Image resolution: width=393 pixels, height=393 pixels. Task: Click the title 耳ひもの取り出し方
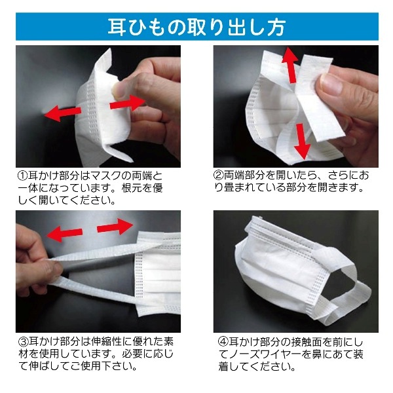pyautogui.click(x=196, y=27)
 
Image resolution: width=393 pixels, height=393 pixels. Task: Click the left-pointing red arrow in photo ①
pyautogui.click(x=63, y=113)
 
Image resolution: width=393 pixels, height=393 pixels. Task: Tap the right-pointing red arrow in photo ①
pyautogui.click(x=127, y=103)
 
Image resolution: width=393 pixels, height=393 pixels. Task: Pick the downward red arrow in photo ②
pyautogui.click(x=302, y=141)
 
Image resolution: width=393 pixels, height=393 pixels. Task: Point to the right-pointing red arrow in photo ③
pyautogui.click(x=115, y=227)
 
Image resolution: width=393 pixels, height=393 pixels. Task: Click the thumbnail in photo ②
pyautogui.click(x=331, y=83)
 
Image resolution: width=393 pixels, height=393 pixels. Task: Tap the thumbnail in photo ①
pyautogui.click(x=121, y=90)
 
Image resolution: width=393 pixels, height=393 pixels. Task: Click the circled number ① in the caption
pyautogui.click(x=22, y=176)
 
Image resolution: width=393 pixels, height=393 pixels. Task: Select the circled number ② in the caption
pyautogui.click(x=218, y=175)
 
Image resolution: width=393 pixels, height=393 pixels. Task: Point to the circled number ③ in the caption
pyautogui.click(x=24, y=341)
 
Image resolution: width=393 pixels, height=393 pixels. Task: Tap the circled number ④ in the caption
pyautogui.click(x=223, y=342)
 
